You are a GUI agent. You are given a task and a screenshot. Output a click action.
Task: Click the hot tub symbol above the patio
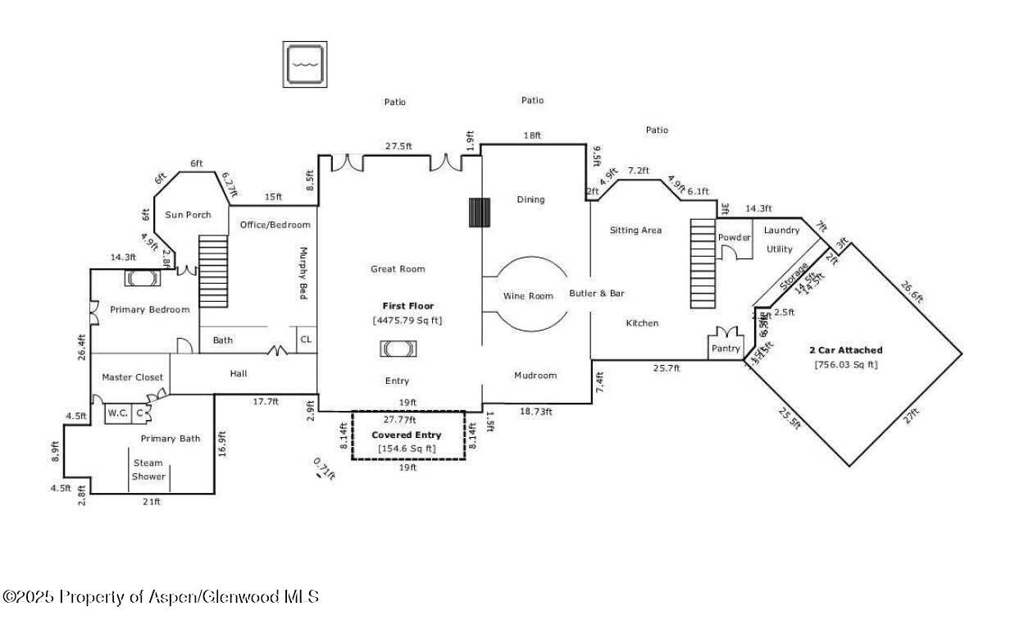pos(304,64)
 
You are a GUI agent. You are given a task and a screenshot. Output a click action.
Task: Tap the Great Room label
pos(398,269)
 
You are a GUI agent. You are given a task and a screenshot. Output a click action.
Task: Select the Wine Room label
pos(528,296)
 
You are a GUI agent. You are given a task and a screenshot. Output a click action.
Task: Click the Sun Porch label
pos(188,215)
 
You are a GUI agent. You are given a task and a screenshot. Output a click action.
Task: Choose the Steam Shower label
pos(148,469)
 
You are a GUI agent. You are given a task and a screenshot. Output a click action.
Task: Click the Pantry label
pos(725,349)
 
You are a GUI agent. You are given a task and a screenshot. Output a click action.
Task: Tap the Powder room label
pos(735,238)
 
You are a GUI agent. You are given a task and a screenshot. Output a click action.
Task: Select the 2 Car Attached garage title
pos(845,350)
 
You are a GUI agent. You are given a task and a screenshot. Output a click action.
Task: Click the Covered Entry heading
pos(407,435)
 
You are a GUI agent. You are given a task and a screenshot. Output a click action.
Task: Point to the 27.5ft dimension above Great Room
pos(398,146)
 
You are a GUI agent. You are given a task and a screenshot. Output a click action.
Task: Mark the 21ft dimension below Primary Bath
pos(152,502)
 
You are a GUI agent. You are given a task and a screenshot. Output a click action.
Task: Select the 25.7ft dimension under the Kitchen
pos(666,368)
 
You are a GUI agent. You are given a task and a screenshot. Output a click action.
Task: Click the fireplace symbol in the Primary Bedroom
pos(143,279)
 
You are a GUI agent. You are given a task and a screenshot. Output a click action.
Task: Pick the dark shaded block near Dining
pos(479,212)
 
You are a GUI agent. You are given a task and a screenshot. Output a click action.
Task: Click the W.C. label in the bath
pos(117,413)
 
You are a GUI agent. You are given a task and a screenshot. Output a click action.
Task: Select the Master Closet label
pos(132,377)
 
